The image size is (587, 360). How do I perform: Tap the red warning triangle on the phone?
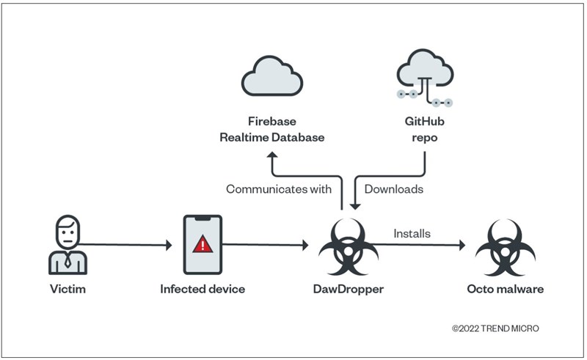[203, 243]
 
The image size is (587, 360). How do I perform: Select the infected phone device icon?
[203, 244]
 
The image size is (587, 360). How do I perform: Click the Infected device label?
[203, 289]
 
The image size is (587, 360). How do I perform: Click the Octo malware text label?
[505, 289]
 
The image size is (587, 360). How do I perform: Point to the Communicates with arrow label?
[278, 189]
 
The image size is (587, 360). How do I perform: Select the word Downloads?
[394, 189]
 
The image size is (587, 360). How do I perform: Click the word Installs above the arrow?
[411, 234]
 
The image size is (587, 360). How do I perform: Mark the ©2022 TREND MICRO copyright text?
[495, 328]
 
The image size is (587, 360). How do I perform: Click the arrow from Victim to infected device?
[128, 244]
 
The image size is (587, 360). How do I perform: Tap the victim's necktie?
[68, 259]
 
